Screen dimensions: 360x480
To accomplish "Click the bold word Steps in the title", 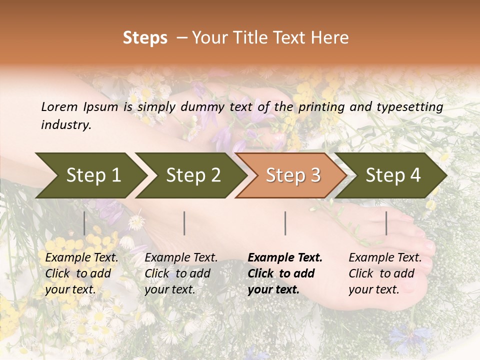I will click(x=145, y=38).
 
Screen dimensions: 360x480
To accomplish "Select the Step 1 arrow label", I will click(x=93, y=175).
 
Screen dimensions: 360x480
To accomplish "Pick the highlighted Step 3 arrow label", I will click(x=293, y=175).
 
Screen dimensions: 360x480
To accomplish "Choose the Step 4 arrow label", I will click(x=393, y=175).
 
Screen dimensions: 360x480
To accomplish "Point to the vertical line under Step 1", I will click(x=84, y=223).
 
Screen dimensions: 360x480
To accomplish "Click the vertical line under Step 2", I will click(x=184, y=223).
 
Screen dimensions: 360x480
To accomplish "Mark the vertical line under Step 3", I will click(x=285, y=223).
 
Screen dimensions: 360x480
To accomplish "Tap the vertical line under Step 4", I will click(x=386, y=223).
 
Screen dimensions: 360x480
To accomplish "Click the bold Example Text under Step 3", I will click(x=285, y=258).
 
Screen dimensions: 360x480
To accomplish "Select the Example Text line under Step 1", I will click(x=81, y=258).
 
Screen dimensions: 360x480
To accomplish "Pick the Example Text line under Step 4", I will click(x=385, y=258).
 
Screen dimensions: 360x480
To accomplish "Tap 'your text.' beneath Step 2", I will click(x=169, y=290).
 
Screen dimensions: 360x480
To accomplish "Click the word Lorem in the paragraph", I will click(x=59, y=107).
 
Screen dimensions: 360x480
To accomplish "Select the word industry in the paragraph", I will click(x=65, y=125).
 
